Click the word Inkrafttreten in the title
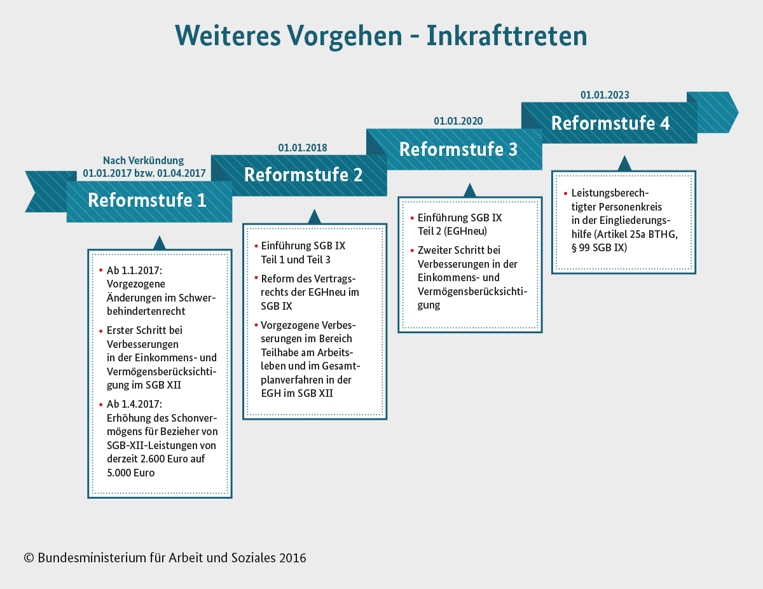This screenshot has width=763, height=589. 507,36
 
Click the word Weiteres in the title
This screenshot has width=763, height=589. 228,36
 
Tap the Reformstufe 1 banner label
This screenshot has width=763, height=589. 147,200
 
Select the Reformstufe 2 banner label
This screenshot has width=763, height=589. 303,174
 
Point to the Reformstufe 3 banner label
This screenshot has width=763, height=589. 458,149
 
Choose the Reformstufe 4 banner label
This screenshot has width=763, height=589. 610,123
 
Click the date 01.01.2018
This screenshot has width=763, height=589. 302,148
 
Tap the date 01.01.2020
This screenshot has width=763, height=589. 458,121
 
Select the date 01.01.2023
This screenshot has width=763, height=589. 605,95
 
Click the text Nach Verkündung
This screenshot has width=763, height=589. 143,160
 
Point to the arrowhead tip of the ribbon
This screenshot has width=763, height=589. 738,113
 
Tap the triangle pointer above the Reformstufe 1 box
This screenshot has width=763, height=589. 160,243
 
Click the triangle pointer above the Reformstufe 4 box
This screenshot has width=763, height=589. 624,163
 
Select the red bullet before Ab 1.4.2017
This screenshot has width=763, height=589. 100,405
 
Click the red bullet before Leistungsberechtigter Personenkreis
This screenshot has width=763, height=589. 565,193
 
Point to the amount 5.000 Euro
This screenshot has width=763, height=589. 130,473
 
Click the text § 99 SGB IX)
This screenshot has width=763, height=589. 599,248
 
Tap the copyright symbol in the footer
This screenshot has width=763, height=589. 29,558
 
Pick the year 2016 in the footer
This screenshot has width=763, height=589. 292,558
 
